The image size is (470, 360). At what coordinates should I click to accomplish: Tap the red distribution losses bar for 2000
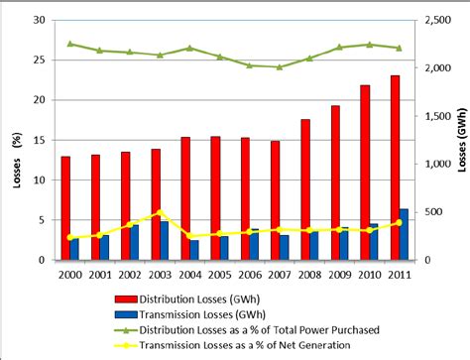point(65,208)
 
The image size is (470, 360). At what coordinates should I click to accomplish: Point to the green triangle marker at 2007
point(279,67)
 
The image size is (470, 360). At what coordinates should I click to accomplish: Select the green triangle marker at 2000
point(69,44)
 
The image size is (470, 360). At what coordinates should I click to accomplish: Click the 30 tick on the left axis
point(39,20)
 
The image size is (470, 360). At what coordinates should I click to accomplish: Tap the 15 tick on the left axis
point(39,140)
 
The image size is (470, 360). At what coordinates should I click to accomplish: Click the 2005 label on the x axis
point(220,275)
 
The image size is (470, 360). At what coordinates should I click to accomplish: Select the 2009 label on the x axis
point(340,275)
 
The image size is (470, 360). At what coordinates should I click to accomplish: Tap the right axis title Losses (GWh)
point(460,139)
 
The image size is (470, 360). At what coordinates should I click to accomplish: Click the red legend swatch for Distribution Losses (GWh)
point(126,297)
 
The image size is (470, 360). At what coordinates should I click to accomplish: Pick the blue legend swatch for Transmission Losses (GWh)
point(126,312)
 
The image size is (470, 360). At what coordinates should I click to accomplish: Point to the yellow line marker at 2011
point(399,222)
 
